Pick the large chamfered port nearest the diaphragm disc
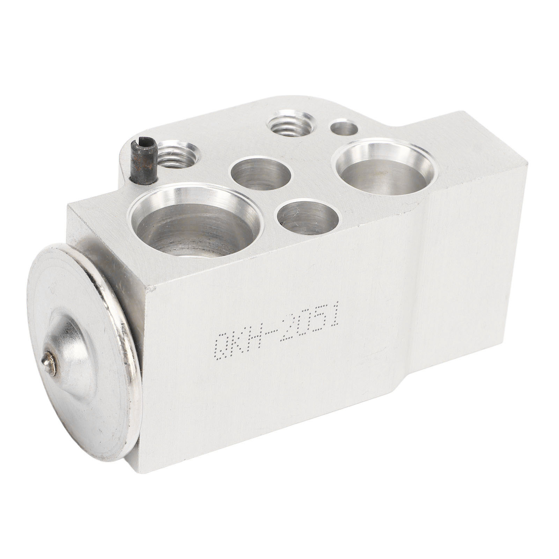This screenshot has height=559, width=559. [196, 222]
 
